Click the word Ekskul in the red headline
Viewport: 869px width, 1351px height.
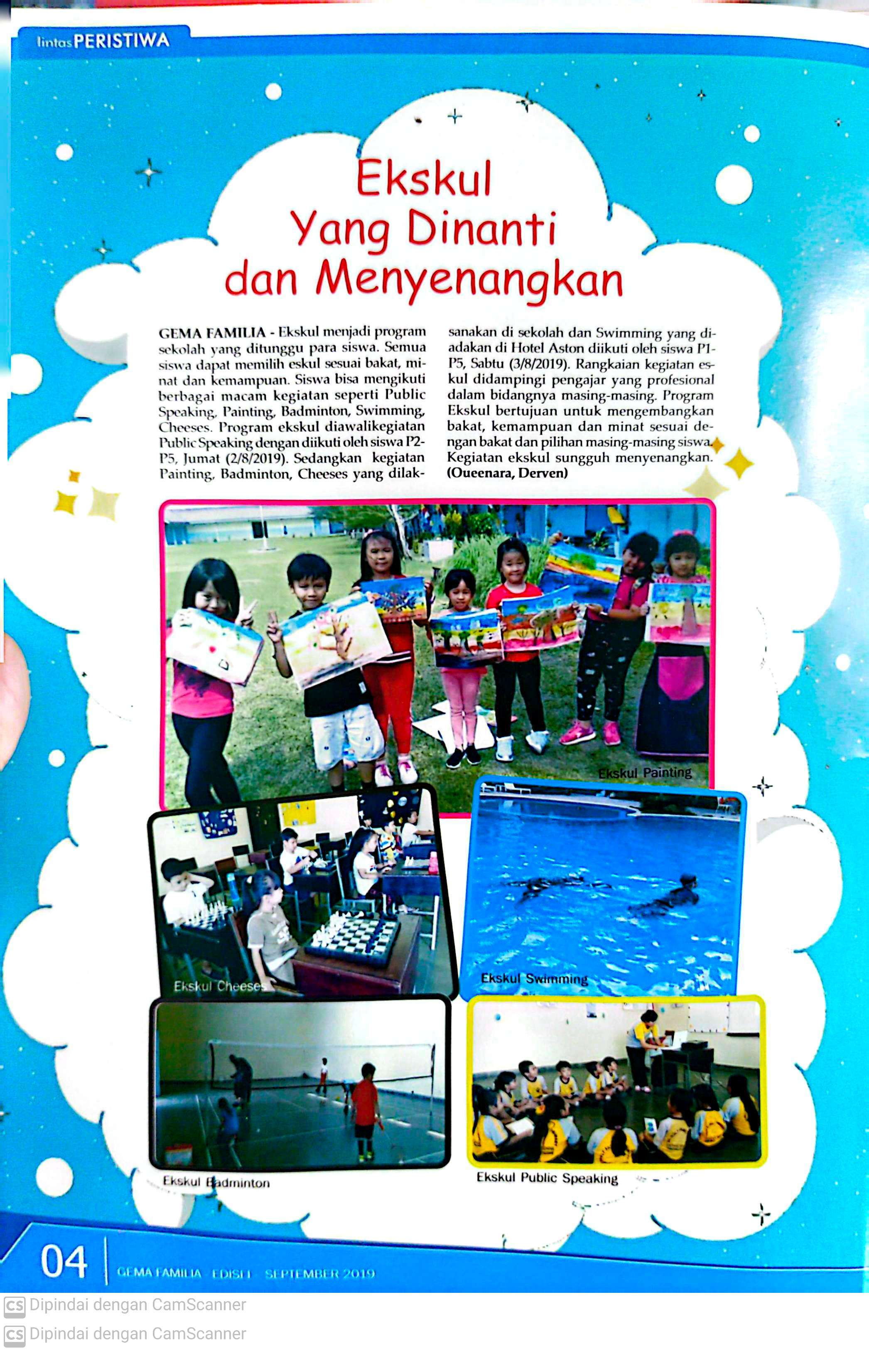click(424, 178)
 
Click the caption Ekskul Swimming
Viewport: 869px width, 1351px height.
click(534, 978)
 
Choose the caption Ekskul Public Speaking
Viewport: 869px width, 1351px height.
click(547, 1178)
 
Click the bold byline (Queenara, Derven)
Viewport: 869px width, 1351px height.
click(507, 473)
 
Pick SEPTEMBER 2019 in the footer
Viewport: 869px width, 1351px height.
click(319, 1273)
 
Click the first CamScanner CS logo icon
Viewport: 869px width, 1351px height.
click(14, 1305)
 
